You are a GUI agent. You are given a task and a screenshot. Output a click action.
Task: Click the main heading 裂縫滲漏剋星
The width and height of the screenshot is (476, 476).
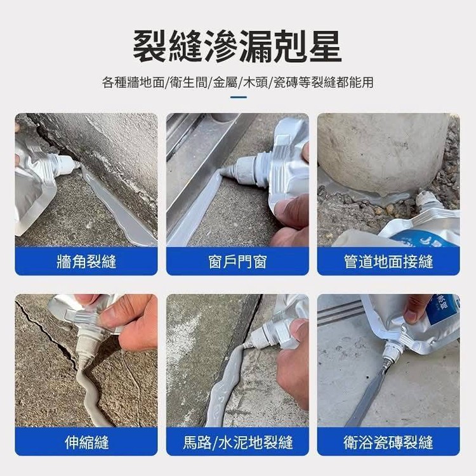point(237,46)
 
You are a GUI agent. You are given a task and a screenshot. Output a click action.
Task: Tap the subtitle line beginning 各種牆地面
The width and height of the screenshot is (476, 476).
point(238,83)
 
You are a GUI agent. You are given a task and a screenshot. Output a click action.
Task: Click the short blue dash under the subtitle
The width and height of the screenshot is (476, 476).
point(238,98)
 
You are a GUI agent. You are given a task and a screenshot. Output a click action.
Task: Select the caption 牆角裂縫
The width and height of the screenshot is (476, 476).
point(86,261)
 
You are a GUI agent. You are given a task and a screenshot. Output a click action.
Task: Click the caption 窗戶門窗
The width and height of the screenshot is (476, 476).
point(237,261)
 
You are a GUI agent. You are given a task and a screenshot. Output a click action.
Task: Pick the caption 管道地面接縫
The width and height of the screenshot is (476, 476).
point(388,261)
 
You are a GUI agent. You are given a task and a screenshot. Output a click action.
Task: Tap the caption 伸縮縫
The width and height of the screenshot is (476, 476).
point(86,442)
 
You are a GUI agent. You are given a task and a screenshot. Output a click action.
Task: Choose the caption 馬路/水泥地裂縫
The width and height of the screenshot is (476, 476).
point(238,442)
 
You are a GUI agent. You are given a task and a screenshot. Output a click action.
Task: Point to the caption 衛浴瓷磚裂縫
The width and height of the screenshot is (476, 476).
point(388,442)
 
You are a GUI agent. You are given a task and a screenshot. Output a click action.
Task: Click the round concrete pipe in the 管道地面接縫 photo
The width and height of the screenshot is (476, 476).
point(384,154)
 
